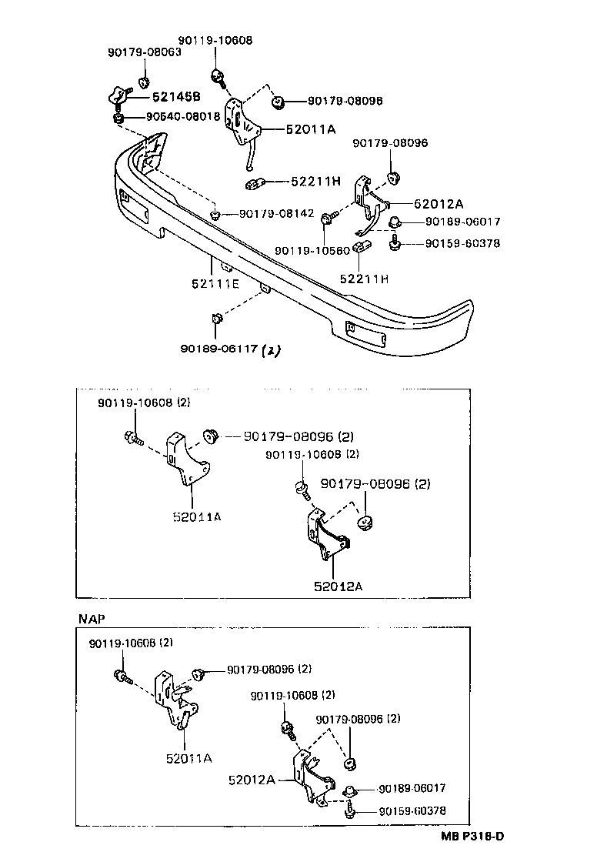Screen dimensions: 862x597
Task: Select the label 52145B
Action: (175, 97)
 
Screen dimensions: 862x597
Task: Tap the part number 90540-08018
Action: (183, 117)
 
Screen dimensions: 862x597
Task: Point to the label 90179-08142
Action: (276, 213)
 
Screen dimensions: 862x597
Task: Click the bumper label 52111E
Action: (215, 284)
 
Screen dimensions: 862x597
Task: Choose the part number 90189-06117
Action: (220, 349)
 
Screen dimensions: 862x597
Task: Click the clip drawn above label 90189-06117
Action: (215, 319)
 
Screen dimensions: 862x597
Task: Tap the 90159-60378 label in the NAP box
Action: (412, 811)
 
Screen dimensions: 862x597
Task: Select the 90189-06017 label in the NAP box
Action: (412, 789)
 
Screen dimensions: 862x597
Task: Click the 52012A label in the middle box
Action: (338, 586)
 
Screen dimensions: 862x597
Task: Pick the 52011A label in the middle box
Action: (196, 517)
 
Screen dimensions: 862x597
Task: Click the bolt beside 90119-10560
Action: (329, 219)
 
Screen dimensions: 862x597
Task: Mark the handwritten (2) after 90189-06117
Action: (272, 350)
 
